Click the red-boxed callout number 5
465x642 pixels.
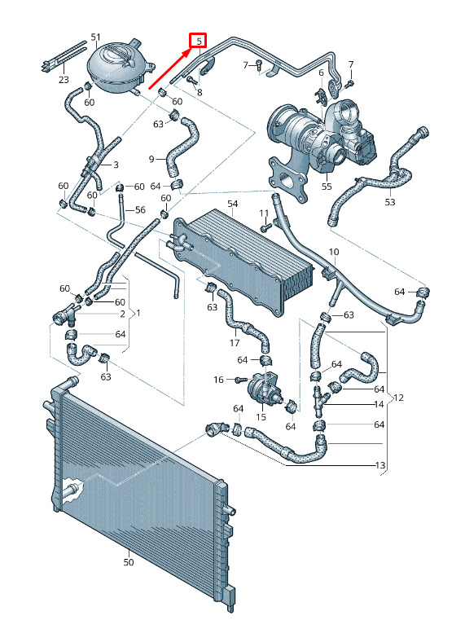click(x=199, y=41)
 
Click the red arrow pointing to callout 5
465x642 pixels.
click(x=169, y=68)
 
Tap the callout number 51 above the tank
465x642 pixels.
click(x=95, y=37)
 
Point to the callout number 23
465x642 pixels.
click(x=64, y=79)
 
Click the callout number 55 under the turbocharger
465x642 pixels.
click(x=327, y=187)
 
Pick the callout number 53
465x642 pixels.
click(x=390, y=202)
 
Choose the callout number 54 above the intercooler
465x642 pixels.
click(x=233, y=204)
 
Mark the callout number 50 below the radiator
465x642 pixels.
click(x=129, y=562)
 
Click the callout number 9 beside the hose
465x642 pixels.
click(x=151, y=159)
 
